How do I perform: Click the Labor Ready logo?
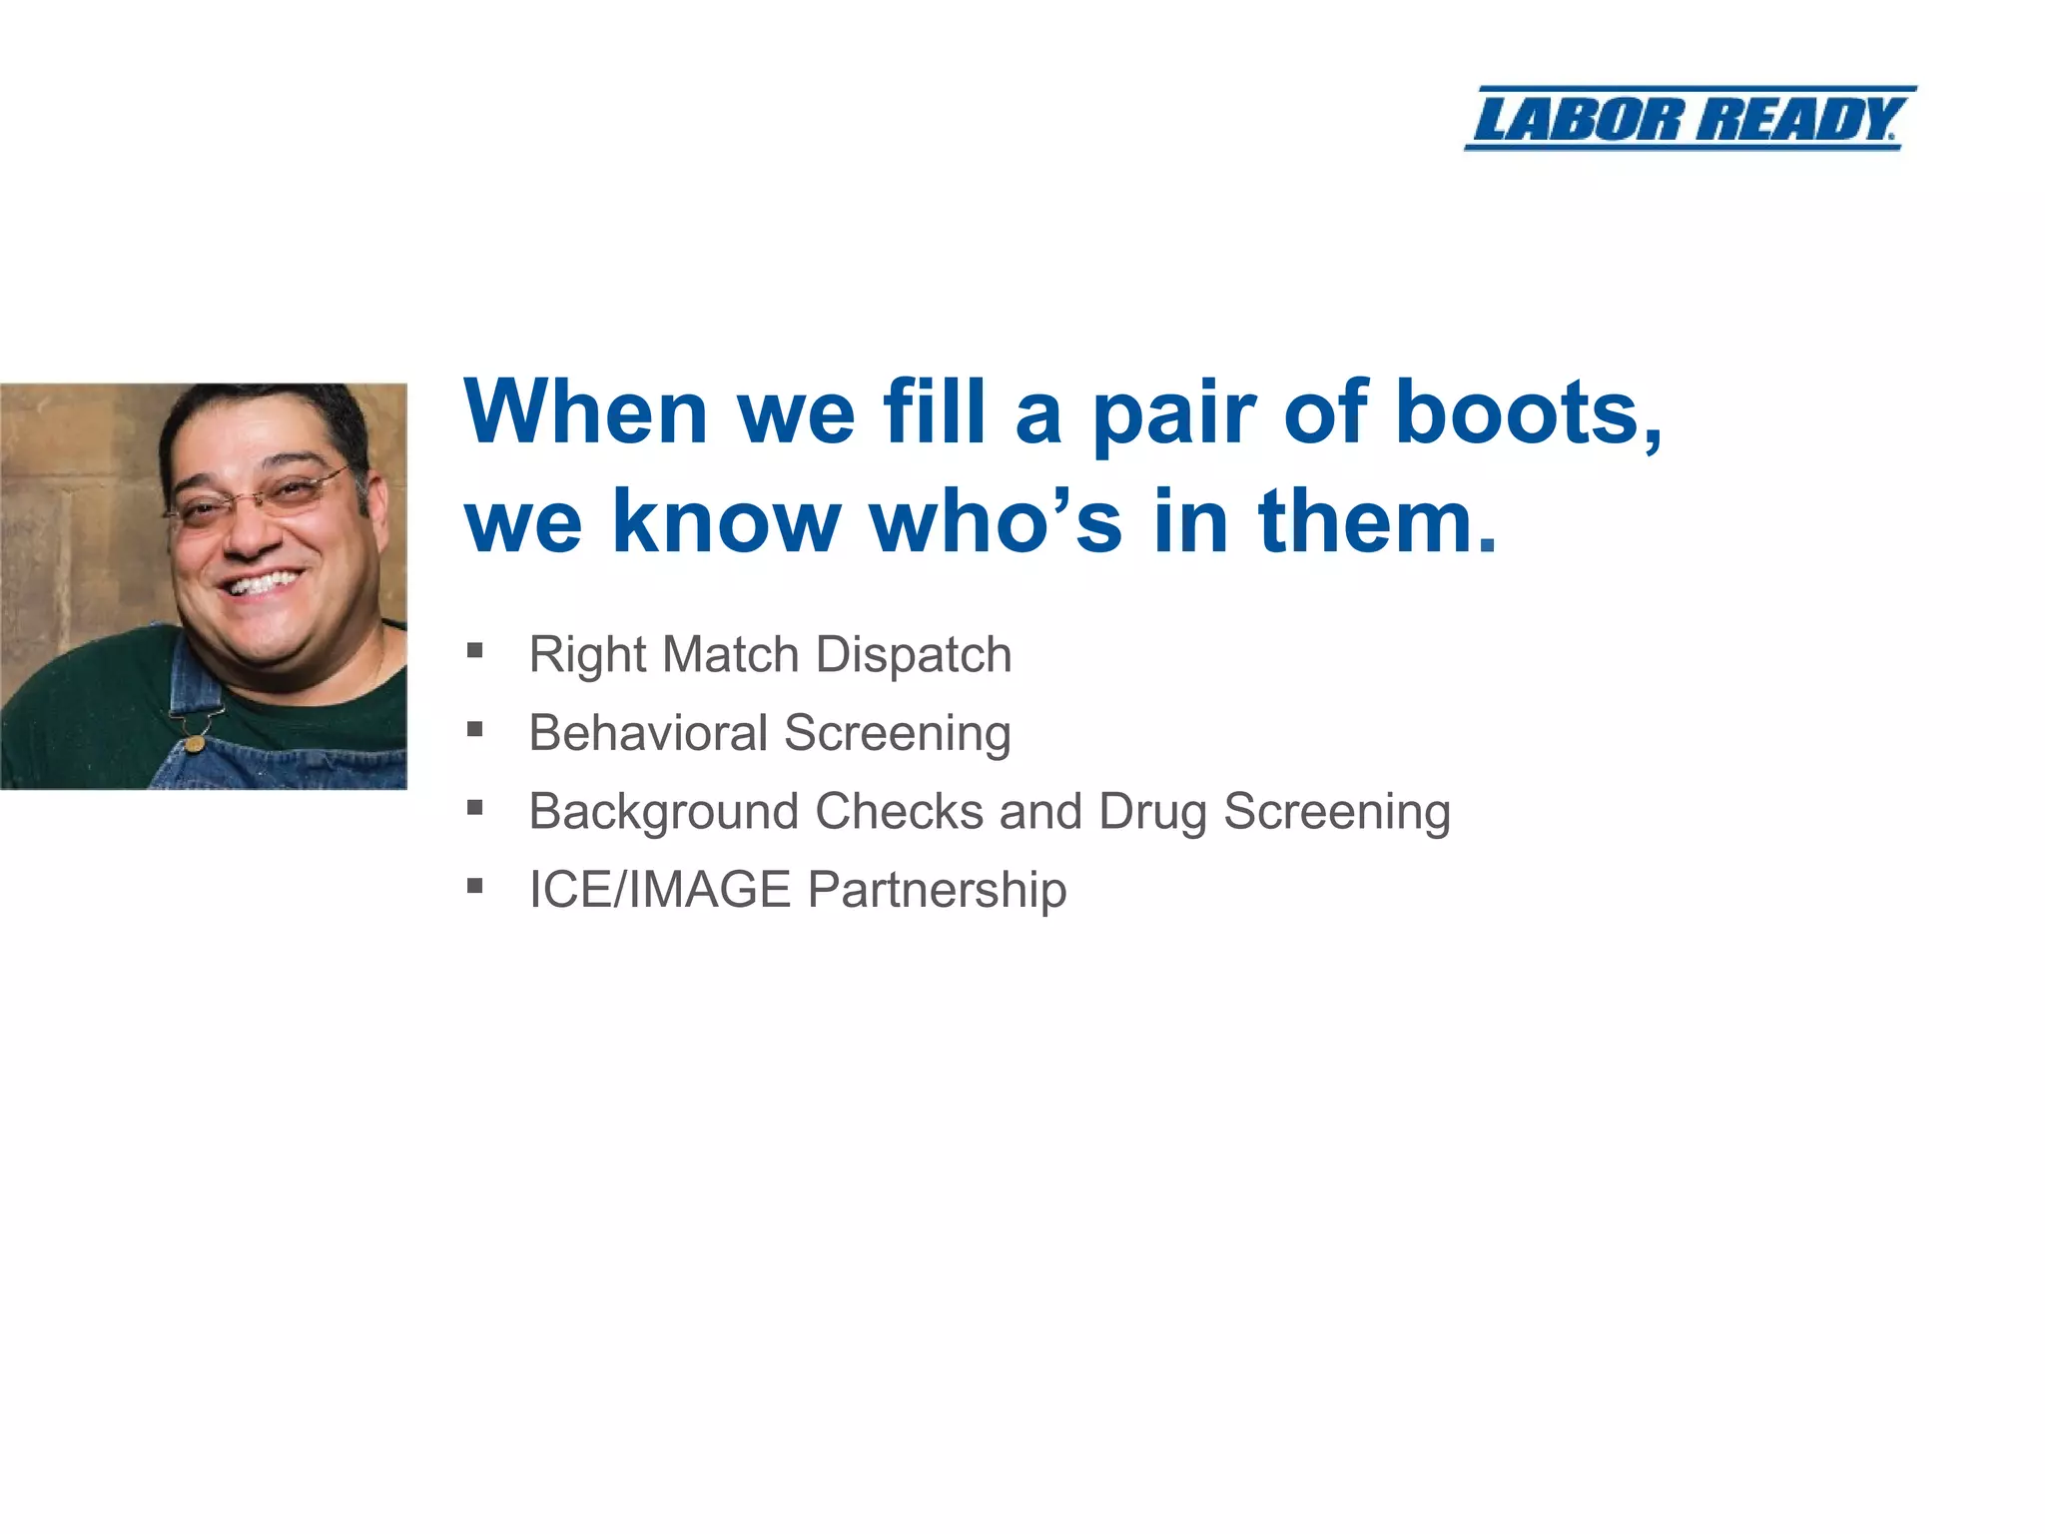click(x=1690, y=119)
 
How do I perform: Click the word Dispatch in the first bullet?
click(x=913, y=656)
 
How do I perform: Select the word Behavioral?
click(x=648, y=732)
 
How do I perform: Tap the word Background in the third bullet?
click(x=663, y=811)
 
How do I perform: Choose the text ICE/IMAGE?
click(x=659, y=889)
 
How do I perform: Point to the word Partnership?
click(x=937, y=889)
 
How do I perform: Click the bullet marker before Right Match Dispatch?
click(x=475, y=651)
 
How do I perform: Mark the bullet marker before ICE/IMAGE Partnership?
click(x=475, y=886)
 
